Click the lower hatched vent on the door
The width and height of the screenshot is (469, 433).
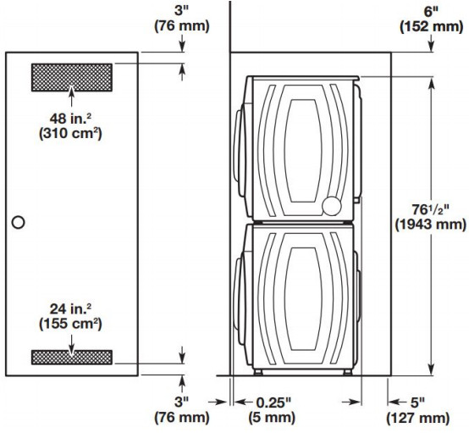(72, 355)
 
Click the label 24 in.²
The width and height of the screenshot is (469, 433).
(69, 308)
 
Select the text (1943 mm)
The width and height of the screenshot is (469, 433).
(430, 225)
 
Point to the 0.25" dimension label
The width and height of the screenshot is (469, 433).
(267, 401)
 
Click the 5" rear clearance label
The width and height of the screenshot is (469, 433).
(421, 401)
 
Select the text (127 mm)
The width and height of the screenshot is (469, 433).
(421, 416)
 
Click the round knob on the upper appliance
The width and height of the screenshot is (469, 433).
(333, 203)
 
